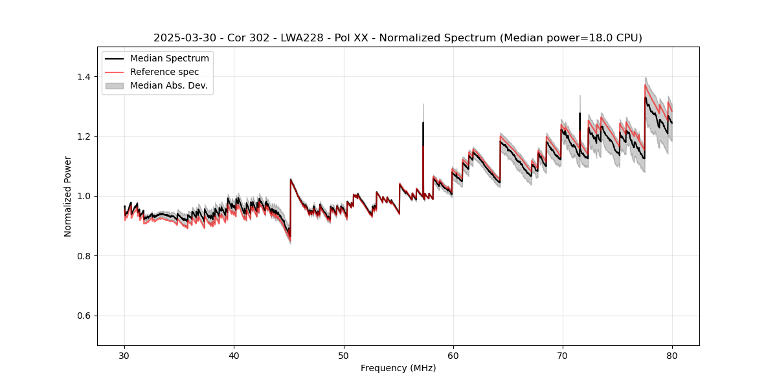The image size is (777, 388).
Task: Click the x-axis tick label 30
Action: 125,356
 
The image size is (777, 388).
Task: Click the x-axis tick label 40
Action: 234,356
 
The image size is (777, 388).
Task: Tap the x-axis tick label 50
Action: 344,356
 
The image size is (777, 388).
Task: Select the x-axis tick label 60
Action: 453,356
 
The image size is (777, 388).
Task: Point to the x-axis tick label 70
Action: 563,356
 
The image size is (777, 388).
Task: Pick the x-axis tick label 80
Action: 672,356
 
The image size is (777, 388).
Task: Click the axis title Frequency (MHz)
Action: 398,368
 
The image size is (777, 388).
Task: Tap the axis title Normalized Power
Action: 68,196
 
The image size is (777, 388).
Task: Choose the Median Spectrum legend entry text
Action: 169,59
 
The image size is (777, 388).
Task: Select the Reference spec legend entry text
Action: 164,72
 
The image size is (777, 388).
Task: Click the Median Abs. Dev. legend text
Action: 168,85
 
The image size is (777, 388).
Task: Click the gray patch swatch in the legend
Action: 115,85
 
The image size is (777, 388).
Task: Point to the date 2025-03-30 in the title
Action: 182,38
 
